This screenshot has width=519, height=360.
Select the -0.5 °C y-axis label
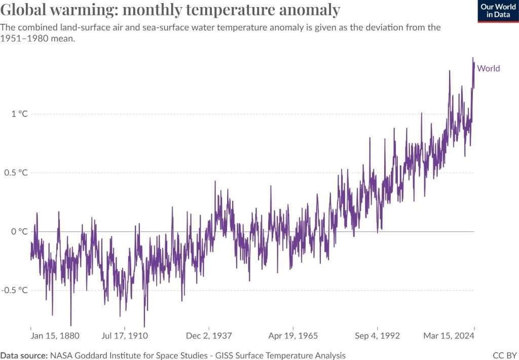15,291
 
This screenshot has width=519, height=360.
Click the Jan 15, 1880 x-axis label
55,336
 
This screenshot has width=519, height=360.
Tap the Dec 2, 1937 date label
209,336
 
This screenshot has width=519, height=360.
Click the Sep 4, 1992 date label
378,336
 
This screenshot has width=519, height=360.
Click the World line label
489,68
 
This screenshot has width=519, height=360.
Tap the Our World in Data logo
498,11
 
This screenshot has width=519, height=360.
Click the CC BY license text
504,355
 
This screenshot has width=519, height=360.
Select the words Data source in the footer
24,355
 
